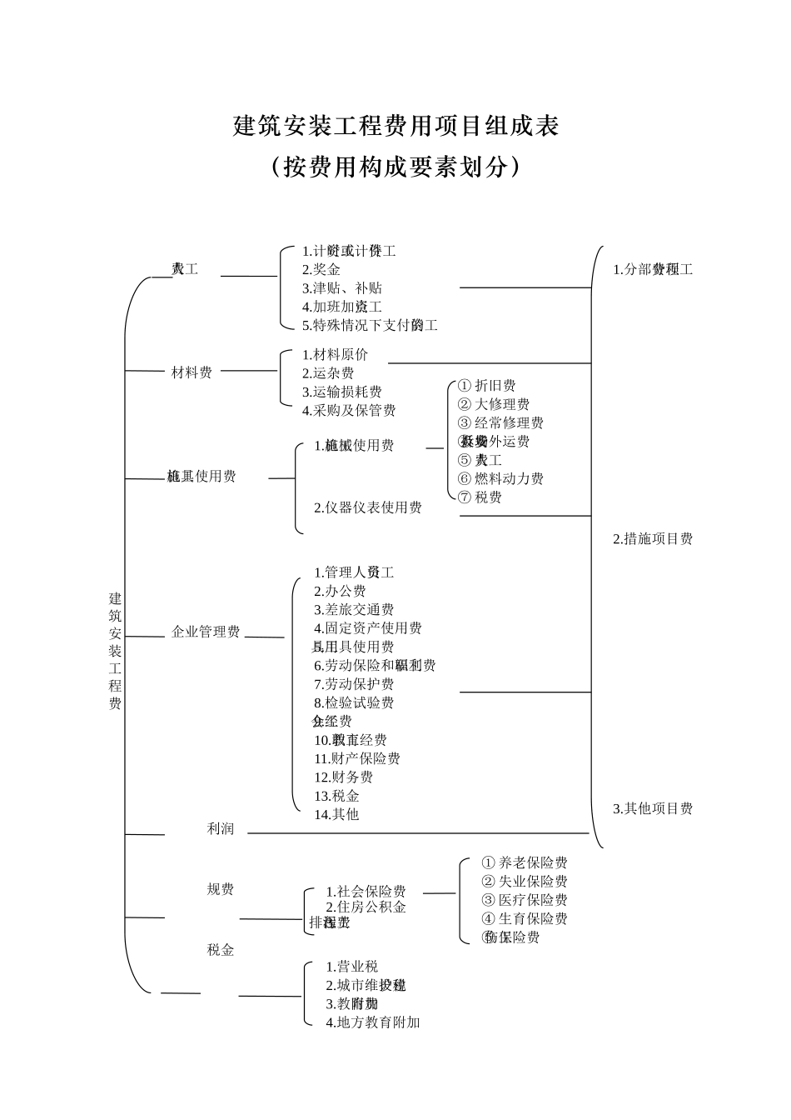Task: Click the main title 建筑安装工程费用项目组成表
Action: click(x=395, y=126)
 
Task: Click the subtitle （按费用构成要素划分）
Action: click(x=395, y=167)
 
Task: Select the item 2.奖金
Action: click(x=321, y=270)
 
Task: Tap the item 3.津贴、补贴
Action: click(x=342, y=288)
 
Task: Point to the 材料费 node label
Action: click(x=192, y=372)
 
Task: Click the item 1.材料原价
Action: click(x=335, y=355)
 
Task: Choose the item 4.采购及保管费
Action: click(x=349, y=411)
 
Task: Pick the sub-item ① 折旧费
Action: click(x=487, y=386)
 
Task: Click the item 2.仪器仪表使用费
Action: click(x=368, y=507)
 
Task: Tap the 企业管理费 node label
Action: click(x=206, y=632)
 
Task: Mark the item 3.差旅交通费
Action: click(x=354, y=610)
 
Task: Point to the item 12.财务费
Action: click(x=343, y=777)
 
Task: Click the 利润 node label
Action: click(x=221, y=829)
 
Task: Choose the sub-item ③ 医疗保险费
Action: click(x=525, y=900)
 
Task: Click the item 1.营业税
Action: click(x=351, y=967)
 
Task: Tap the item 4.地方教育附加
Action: click(x=372, y=1022)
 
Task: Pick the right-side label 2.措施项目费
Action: click(x=653, y=539)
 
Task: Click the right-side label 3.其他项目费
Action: click(x=653, y=808)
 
